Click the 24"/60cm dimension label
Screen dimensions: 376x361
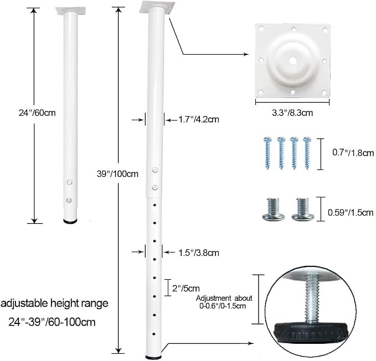tap(37, 113)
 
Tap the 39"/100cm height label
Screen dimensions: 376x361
tap(117, 174)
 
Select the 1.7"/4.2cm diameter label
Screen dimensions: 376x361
tap(199, 119)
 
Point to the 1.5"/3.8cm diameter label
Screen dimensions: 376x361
tap(199, 253)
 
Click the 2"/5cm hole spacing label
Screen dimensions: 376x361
tap(186, 288)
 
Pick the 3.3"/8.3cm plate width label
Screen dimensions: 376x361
tap(292, 113)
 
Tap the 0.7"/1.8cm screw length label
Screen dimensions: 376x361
tap(353, 153)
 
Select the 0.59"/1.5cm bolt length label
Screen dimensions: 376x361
tap(351, 212)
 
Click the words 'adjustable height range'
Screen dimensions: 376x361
tap(54, 304)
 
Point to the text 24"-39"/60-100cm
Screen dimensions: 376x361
tap(52, 322)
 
